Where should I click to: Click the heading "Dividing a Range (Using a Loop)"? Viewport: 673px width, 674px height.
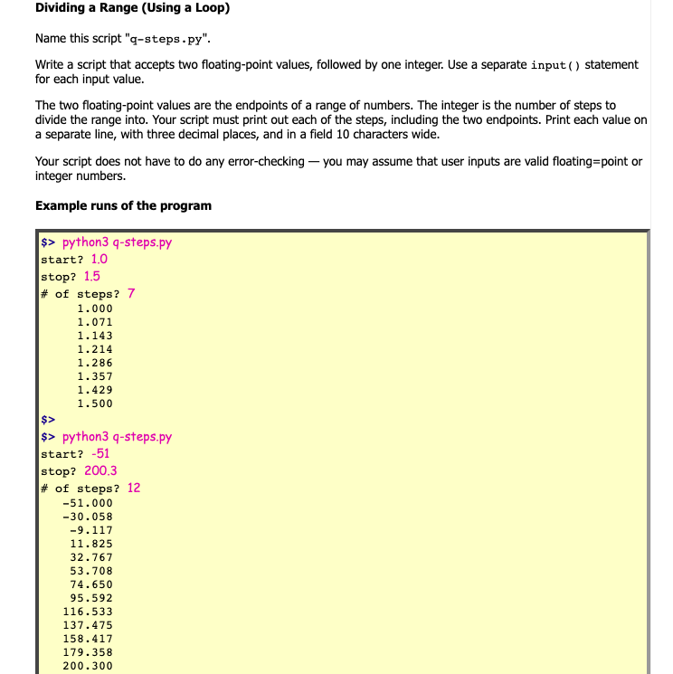[132, 9]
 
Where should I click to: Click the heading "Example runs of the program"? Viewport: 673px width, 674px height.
[123, 205]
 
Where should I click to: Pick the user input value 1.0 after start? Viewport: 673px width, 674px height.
[100, 260]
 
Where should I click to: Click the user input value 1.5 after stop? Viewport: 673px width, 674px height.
[92, 277]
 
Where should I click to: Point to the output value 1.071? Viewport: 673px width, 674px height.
[95, 322]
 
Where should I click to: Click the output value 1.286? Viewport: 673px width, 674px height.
[95, 363]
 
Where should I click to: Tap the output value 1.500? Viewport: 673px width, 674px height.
[95, 403]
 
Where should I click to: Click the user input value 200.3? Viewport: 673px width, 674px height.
[100, 471]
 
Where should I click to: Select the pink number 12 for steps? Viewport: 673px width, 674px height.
[134, 489]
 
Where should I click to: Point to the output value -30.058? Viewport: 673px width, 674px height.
[88, 517]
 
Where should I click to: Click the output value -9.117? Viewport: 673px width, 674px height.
[91, 530]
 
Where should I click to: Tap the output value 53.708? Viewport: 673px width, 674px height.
[91, 571]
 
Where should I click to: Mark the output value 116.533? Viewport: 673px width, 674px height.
[88, 612]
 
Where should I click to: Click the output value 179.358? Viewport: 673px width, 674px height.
[88, 652]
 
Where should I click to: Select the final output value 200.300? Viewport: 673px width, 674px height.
[88, 666]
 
